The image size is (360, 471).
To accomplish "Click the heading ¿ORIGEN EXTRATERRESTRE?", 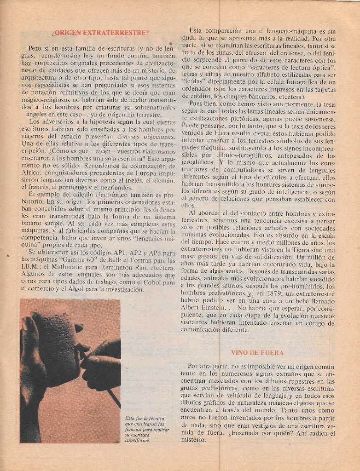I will [100, 33].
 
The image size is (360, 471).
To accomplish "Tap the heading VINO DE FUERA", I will [257, 353].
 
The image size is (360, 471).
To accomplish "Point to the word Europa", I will [140, 173].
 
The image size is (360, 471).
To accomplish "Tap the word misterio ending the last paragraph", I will [193, 440].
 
